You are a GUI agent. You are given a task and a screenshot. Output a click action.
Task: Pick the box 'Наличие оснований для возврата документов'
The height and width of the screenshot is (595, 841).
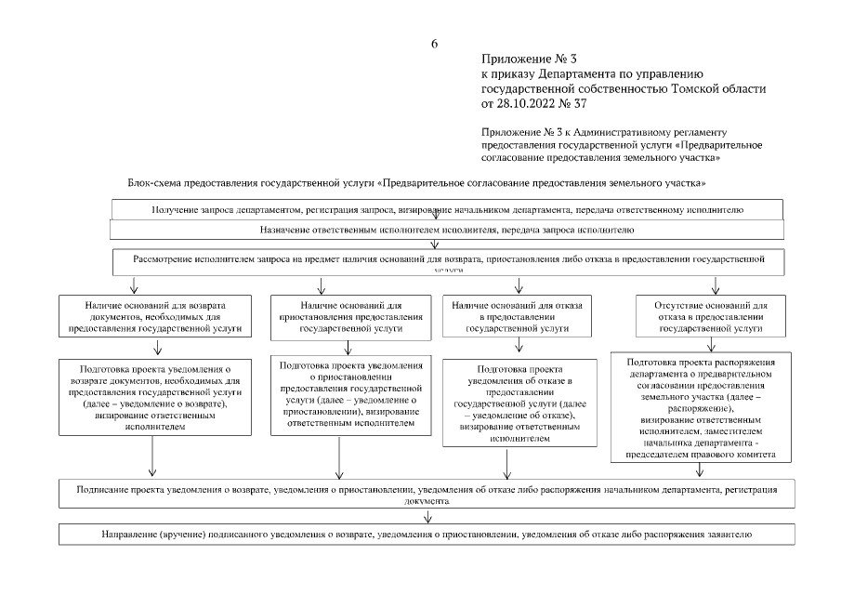154,317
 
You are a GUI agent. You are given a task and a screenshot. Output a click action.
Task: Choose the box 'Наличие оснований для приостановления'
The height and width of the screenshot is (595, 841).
350,317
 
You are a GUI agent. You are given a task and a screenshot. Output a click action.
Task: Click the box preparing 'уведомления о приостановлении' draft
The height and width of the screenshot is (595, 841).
350,394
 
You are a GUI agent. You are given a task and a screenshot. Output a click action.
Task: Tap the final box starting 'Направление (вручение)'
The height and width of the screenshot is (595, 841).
427,535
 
